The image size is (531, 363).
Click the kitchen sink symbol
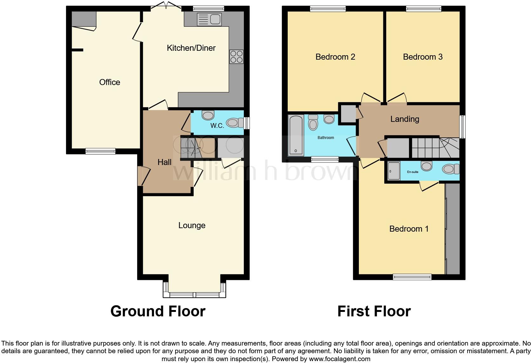pos(209,19)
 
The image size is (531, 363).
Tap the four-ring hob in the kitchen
pos(236,57)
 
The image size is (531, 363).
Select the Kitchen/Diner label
pos(191,48)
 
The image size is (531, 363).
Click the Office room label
pos(110,82)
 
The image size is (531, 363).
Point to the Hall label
pos(164,162)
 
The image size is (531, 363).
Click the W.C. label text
pos(217,126)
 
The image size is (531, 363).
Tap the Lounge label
pos(192,225)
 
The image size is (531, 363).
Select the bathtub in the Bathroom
pos(296,135)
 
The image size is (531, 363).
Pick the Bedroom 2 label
pos(335,57)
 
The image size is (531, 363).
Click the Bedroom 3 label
pos(422,57)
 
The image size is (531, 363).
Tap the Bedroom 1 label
pos(409,229)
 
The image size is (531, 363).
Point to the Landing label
pos(405,119)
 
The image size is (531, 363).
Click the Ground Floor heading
pos(158,311)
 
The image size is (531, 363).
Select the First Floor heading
pos(374,311)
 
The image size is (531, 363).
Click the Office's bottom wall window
pos(100,151)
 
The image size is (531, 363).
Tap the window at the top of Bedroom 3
pos(423,9)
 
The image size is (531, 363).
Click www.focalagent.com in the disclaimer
pos(339,359)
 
